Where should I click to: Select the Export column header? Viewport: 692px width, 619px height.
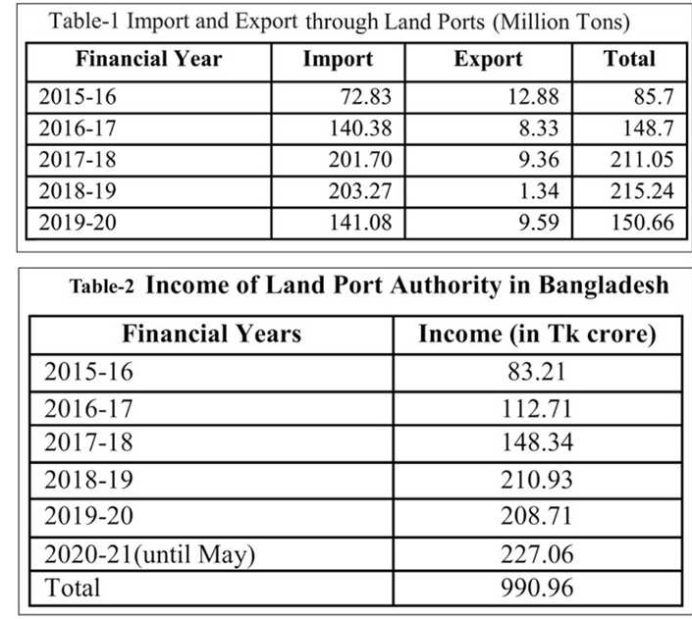coord(488,59)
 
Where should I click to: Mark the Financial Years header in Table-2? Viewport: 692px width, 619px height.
coord(211,334)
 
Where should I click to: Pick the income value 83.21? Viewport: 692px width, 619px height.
coord(536,373)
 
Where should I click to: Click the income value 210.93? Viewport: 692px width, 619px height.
coord(536,481)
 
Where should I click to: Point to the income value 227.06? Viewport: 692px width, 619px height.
coord(536,554)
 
